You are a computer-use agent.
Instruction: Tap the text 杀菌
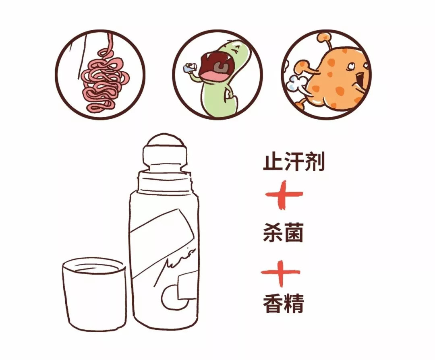pyautogui.click(x=283, y=232)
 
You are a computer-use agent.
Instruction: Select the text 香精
pyautogui.click(x=283, y=303)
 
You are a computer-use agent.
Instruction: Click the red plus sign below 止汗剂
pyautogui.click(x=284, y=195)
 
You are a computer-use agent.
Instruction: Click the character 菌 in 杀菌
pyautogui.click(x=293, y=232)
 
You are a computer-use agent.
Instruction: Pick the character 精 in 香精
pyautogui.click(x=294, y=303)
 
